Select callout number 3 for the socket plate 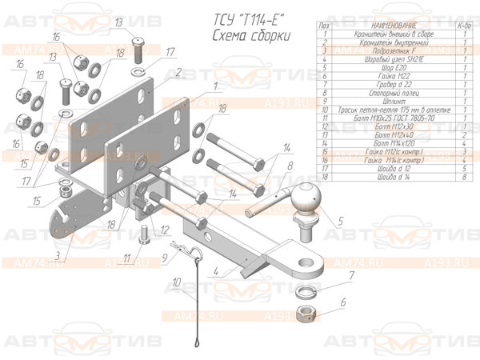pyautogui.click(x=58, y=255)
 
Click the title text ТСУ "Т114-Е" pyautogui.click(x=246, y=19)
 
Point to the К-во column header pyautogui.click(x=463, y=26)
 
